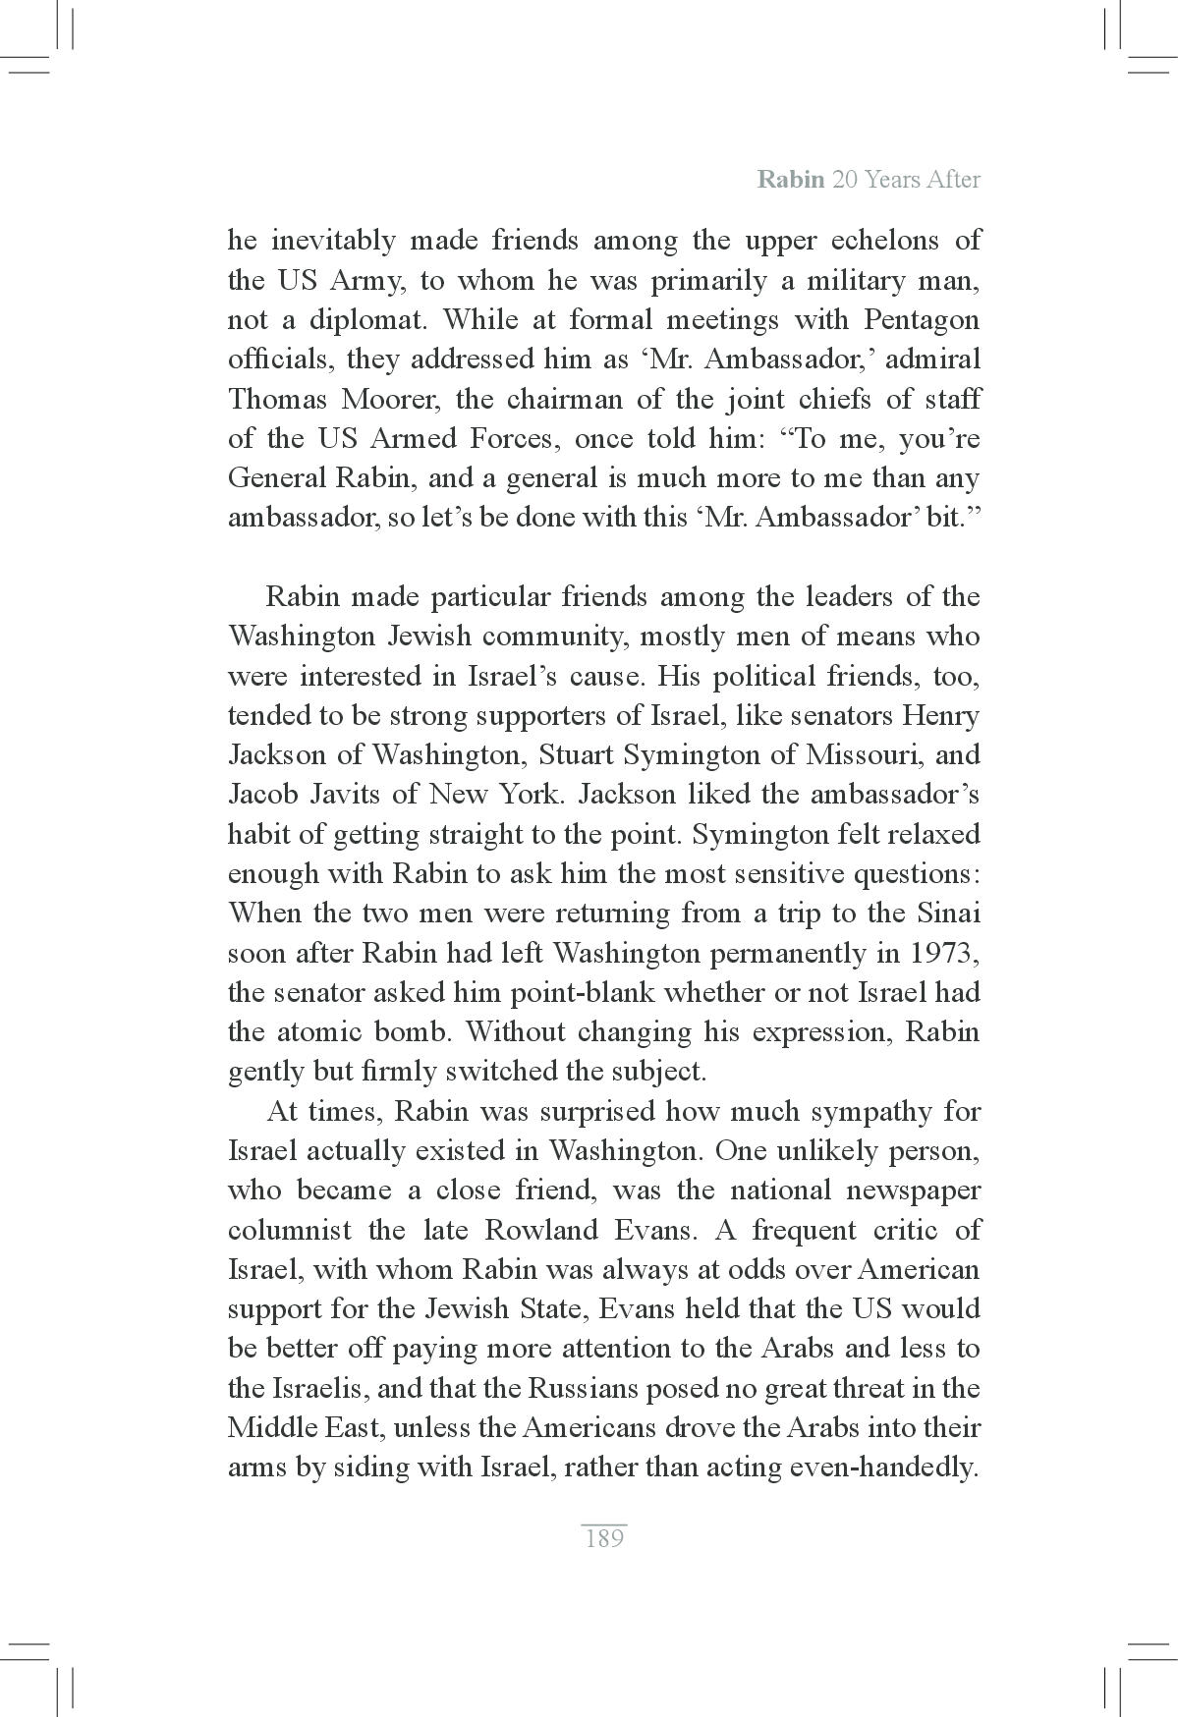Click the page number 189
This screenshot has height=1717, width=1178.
pos(603,1538)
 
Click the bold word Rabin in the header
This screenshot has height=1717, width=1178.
pos(790,180)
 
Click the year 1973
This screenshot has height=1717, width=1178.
pos(944,953)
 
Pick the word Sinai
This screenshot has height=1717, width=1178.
pos(949,914)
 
